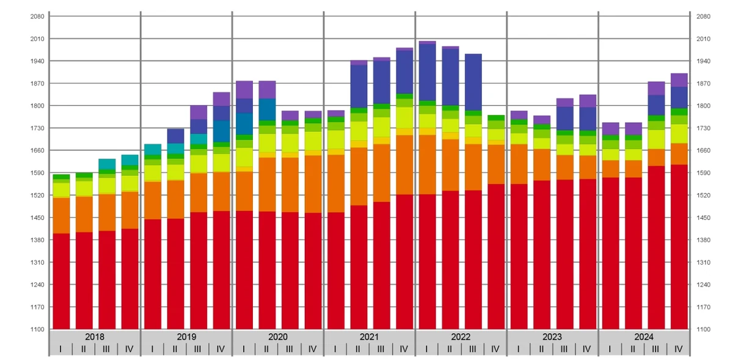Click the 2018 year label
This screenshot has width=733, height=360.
tap(95, 337)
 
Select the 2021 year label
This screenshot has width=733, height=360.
tap(369, 337)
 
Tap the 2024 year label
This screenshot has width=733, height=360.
tap(644, 337)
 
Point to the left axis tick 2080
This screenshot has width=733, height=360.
tap(37, 17)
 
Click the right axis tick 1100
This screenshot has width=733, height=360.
tap(703, 329)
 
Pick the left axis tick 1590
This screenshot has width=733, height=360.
tap(37, 173)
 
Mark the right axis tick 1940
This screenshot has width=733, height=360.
tap(703, 61)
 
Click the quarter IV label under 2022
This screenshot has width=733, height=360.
tap(495, 349)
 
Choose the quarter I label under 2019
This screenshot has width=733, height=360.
tap(152, 349)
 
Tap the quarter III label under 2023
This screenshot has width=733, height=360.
tap(564, 349)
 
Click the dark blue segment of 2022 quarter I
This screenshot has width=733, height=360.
tap(428, 72)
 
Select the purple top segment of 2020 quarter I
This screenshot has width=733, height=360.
tap(244, 90)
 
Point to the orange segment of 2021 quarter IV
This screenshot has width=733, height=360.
tap(404, 165)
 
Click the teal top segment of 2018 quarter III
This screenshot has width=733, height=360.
tap(107, 164)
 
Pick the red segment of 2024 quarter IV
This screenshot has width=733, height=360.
tap(679, 247)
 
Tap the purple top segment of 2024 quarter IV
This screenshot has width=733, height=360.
tap(679, 80)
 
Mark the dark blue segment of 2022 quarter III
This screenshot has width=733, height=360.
tap(473, 83)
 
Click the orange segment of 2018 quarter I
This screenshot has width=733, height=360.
tap(62, 216)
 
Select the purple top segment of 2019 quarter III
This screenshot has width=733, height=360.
tap(199, 112)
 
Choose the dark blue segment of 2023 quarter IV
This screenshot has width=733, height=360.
tap(588, 119)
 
